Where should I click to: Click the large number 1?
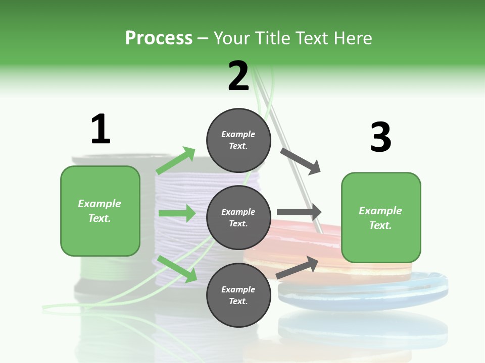click(101, 129)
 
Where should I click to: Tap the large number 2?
click(238, 76)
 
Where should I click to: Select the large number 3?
click(381, 138)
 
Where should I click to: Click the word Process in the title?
click(159, 38)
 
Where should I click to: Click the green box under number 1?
click(100, 211)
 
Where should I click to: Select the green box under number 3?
click(381, 217)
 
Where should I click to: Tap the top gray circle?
click(238, 140)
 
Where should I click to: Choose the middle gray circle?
click(238, 217)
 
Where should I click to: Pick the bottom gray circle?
click(238, 295)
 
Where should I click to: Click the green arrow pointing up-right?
click(176, 161)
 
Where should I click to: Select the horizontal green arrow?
click(177, 213)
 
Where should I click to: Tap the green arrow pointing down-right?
click(177, 268)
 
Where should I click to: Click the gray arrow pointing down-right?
click(301, 161)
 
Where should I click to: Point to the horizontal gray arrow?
click(299, 212)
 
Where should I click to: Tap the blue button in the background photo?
click(364, 292)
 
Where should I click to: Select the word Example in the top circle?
click(238, 134)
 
